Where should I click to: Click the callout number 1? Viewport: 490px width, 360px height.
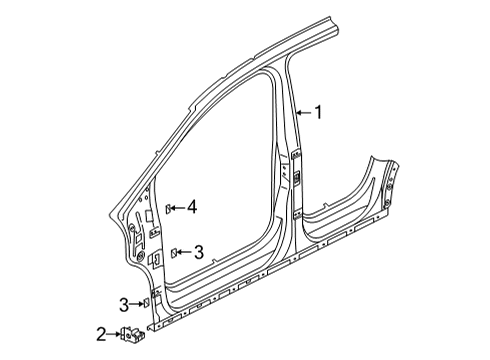[x=319, y=112]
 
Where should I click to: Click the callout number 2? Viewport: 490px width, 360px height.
[x=102, y=334]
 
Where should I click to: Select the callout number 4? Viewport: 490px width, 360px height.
[x=192, y=207]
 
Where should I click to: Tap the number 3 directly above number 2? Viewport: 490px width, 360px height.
[x=124, y=305]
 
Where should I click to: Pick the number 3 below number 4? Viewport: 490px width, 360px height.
[x=198, y=252]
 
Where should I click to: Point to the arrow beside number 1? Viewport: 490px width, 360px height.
[x=304, y=113]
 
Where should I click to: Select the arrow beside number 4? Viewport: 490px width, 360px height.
[x=178, y=208]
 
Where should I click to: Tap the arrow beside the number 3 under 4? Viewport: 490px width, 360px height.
[x=184, y=252]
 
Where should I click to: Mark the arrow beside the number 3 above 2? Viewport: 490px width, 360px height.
[x=137, y=304]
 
